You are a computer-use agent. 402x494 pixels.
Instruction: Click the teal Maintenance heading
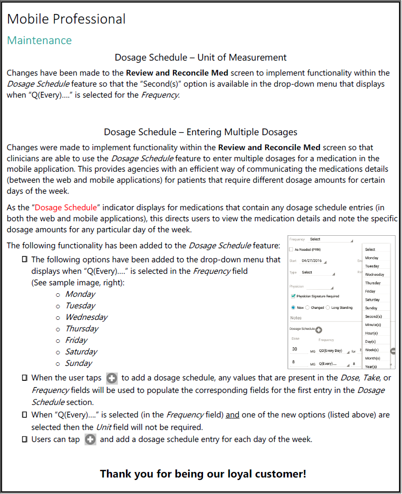point(39,40)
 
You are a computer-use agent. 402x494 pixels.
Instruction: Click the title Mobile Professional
point(66,19)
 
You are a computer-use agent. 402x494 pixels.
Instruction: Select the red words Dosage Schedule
point(66,207)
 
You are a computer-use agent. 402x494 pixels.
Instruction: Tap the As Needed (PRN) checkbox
point(291,249)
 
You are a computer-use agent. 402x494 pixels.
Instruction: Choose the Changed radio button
point(307,308)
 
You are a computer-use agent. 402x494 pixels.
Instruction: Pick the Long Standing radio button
point(328,308)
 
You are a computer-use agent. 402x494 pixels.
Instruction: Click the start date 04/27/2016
point(311,261)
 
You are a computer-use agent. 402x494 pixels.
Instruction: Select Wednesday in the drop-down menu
point(374,275)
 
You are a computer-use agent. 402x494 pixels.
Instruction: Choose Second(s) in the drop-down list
point(373,316)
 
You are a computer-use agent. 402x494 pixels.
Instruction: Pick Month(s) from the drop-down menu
point(372,358)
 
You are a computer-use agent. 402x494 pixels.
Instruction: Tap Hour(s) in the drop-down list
point(371,333)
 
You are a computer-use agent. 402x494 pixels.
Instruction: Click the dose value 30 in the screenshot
point(294,349)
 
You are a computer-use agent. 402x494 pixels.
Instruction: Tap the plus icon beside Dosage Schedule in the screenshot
point(319,329)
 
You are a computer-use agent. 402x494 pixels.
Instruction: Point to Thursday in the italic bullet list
point(81,329)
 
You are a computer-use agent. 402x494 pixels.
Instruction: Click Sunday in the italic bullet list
point(78,363)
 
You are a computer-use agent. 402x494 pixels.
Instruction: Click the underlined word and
point(232,415)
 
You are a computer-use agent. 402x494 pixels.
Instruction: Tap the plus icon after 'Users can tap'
point(90,440)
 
